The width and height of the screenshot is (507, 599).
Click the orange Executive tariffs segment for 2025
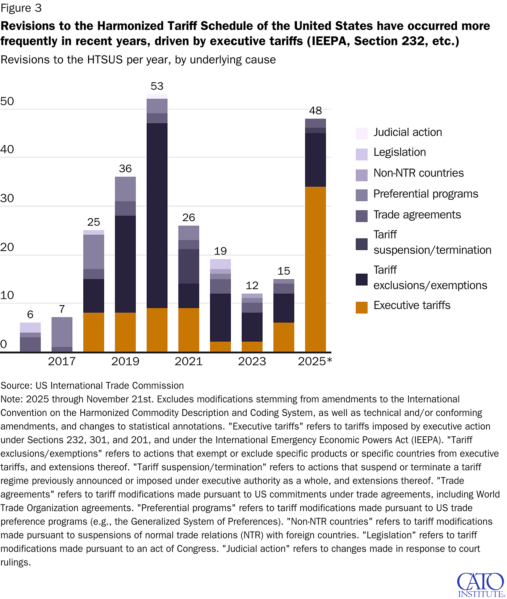(315, 269)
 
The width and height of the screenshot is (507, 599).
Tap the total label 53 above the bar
(157, 86)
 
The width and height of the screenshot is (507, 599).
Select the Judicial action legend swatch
(361, 133)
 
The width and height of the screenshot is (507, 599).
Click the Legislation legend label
(399, 152)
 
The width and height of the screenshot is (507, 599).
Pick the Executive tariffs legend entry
(412, 305)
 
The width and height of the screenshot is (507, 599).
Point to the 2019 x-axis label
(125, 361)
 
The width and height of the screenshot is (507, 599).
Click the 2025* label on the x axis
(315, 361)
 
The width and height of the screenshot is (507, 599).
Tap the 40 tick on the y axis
(7, 149)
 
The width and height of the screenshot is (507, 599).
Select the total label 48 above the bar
(315, 111)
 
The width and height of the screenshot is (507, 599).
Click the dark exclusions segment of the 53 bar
(157, 216)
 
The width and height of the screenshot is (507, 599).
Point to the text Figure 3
(21, 8)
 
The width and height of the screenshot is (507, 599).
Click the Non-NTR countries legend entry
(418, 173)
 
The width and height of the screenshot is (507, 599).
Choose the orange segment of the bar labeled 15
(284, 337)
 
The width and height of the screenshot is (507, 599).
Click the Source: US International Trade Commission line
(92, 386)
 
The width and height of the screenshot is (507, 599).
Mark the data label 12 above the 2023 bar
(252, 286)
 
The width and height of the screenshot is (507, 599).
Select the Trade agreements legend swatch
(361, 216)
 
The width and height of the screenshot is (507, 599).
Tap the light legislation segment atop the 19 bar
(220, 264)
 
